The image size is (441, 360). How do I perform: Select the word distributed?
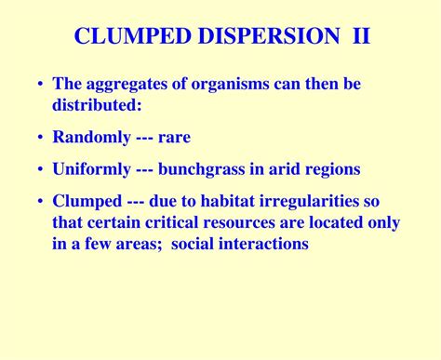point(95,105)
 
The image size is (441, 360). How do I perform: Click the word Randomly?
point(92,138)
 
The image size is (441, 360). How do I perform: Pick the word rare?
point(174,138)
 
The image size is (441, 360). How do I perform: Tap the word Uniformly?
point(96,170)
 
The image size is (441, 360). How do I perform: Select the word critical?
point(173,223)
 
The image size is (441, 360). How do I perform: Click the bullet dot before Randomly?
point(40,138)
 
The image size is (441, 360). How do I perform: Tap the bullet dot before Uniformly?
point(40,170)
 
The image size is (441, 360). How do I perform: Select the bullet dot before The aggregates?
point(40,85)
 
